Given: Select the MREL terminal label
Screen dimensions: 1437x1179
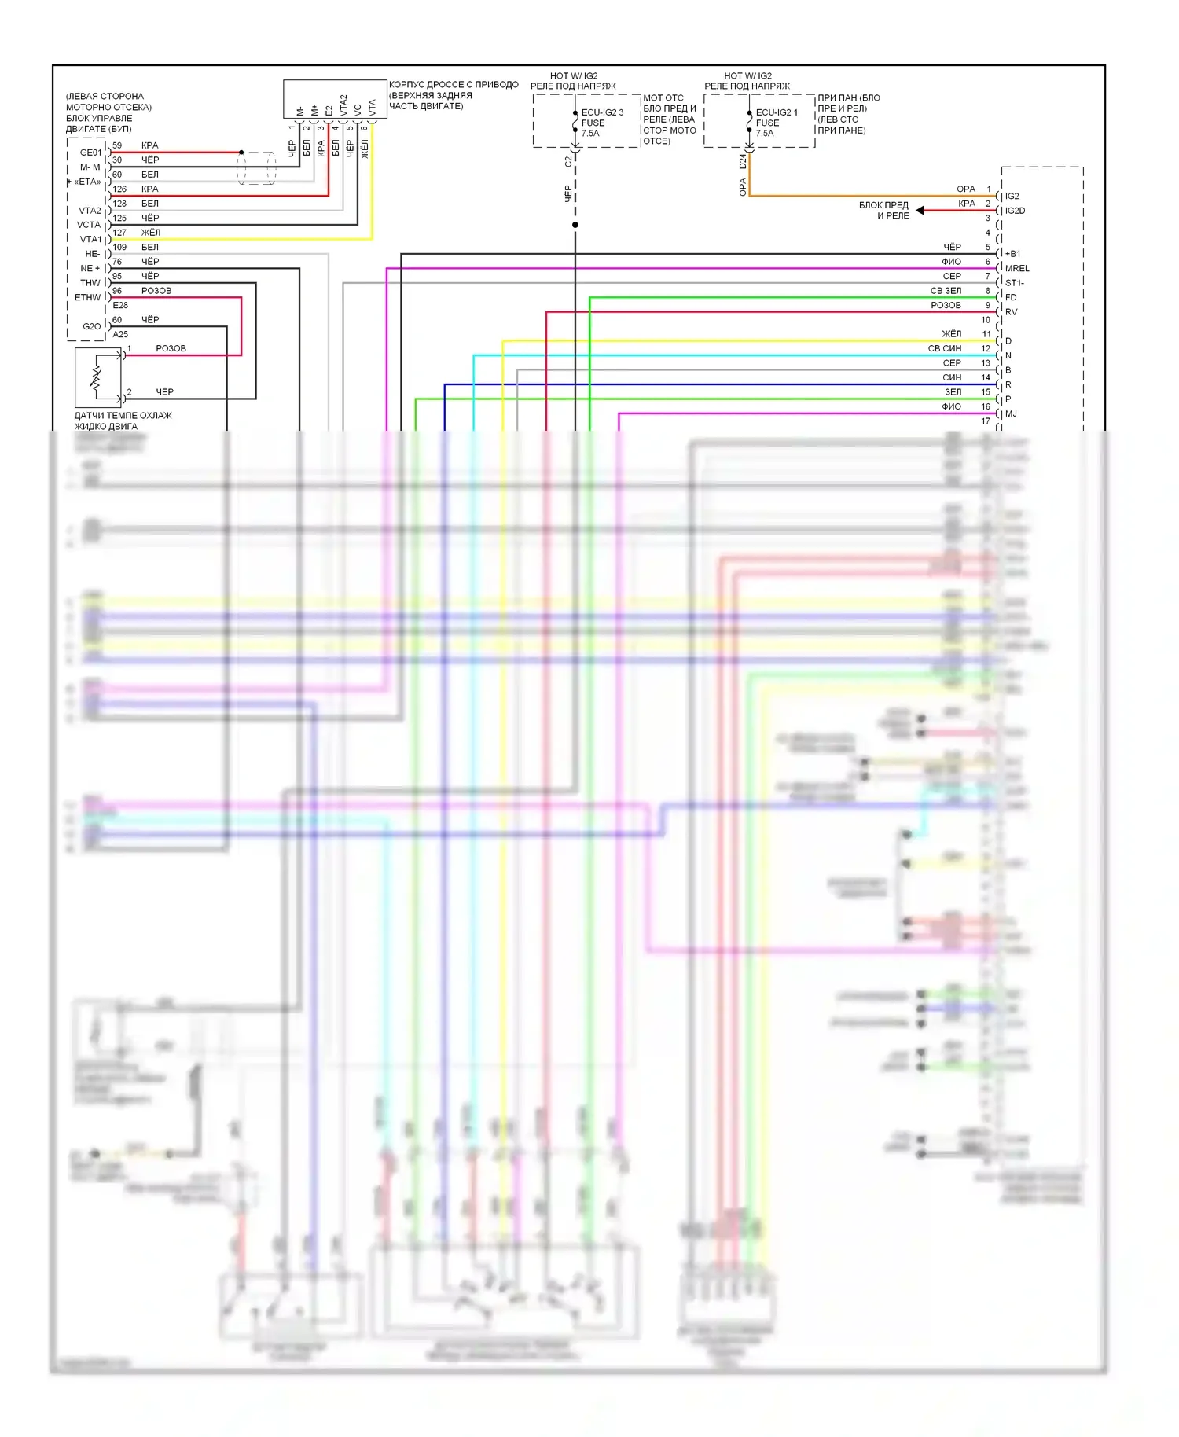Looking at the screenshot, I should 1017,269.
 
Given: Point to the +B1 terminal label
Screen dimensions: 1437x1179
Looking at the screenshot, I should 1012,254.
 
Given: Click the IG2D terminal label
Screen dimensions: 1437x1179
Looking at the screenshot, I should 1015,211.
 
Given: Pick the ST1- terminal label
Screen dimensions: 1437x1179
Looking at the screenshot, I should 1015,283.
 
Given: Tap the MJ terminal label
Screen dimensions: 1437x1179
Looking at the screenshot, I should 1011,414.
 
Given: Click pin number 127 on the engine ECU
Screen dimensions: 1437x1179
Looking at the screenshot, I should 119,233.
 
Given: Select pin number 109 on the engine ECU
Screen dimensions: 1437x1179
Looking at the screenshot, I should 119,247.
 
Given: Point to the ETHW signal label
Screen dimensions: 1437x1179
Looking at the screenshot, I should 88,298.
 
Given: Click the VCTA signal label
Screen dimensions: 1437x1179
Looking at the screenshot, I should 89,225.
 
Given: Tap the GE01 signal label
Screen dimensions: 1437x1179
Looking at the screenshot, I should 90,153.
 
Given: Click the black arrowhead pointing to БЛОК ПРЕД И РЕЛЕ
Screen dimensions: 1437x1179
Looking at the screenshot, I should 920,211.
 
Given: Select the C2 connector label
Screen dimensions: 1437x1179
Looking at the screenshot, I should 568,162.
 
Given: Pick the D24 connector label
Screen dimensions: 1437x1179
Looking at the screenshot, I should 743,161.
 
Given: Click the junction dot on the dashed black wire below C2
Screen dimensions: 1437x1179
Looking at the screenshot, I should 575,225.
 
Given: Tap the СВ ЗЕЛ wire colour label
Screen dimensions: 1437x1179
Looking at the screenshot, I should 946,291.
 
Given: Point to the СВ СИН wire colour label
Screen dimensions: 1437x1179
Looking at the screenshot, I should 944,349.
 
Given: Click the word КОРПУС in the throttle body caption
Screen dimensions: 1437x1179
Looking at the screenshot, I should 406,85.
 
